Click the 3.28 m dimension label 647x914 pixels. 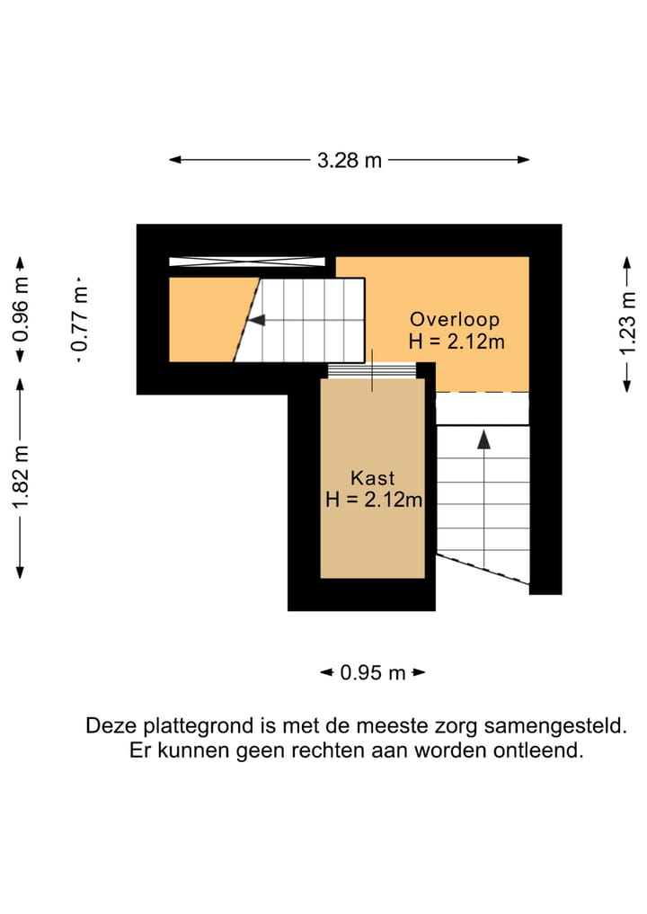pos(350,160)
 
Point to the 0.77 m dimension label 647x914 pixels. pos(80,318)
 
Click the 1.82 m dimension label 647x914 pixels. pos(21,477)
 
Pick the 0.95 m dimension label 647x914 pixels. pos(373,672)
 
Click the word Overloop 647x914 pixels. pos(455,319)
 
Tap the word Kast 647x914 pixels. pos(372,478)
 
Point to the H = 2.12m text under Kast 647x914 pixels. pos(374,501)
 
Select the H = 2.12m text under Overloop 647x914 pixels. pos(456,342)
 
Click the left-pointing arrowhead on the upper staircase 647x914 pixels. pos(256,320)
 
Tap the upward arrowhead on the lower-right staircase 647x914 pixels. pos(483,439)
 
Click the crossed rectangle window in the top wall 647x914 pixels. pos(247,262)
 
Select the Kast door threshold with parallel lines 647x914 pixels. pos(372,370)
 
